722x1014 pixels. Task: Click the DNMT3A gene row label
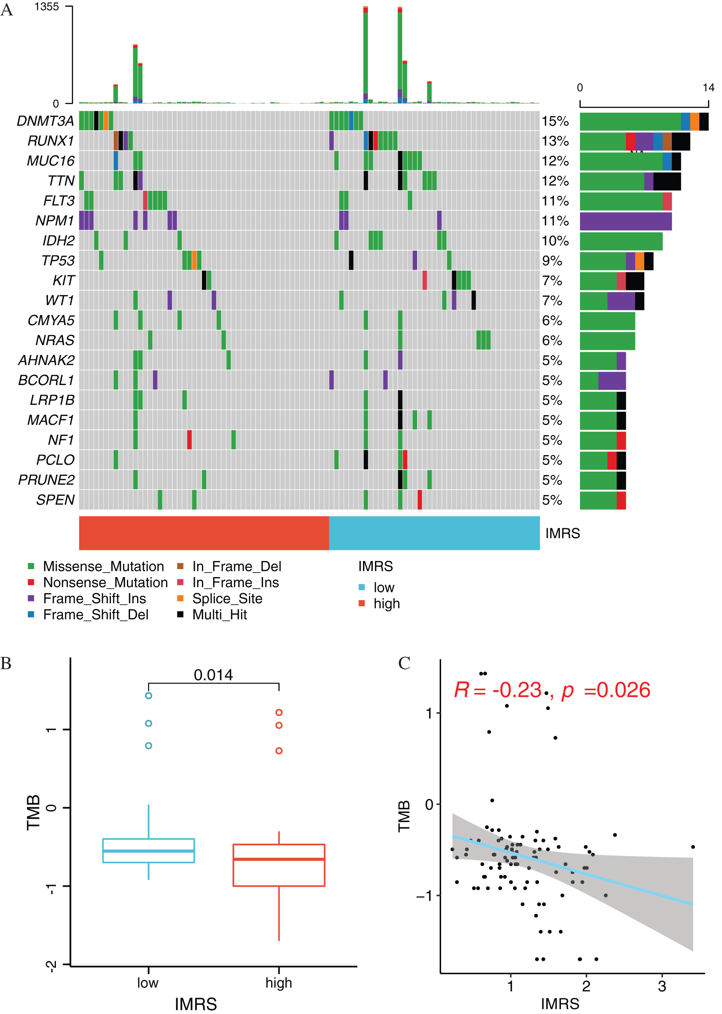45,121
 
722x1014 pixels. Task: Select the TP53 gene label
58,261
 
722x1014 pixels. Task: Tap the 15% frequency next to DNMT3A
555,121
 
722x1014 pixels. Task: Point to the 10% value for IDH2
555,241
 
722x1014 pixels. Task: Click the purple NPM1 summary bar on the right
625,221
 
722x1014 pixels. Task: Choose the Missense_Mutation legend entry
103,566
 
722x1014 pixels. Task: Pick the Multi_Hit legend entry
219,614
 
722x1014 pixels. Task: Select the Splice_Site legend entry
227,598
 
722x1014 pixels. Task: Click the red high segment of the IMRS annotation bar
204,533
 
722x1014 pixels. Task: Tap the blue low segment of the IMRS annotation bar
434,533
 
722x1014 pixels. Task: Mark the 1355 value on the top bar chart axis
47,7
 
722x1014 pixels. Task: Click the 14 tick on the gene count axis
708,87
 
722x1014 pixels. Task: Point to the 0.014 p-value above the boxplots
213,676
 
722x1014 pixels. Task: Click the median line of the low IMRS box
149,851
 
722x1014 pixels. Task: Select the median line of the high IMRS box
279,859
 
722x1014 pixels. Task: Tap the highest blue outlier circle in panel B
149,696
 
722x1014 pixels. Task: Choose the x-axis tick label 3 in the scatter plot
662,986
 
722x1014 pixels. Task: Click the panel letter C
404,664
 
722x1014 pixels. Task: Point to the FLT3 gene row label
59,201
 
